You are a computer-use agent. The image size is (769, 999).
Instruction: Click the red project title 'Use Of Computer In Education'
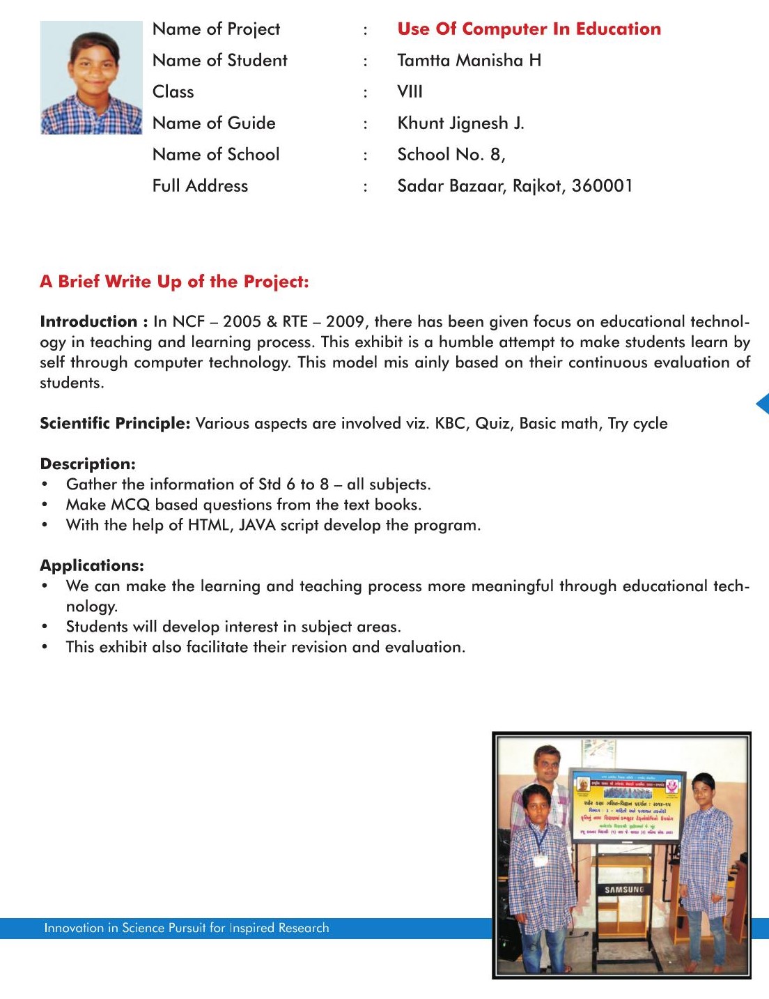point(529,29)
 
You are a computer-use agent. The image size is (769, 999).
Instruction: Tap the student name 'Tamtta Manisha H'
point(469,61)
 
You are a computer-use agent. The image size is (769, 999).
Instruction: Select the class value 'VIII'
point(410,92)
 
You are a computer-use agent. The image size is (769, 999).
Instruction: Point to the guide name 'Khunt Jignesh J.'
point(460,123)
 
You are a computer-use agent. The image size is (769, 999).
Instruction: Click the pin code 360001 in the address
point(602,186)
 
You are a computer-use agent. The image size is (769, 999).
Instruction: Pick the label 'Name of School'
point(216,155)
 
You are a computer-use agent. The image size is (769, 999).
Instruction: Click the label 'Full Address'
point(200,186)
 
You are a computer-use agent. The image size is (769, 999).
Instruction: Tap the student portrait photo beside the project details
point(91,77)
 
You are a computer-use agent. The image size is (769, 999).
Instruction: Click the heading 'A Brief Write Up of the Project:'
point(174,282)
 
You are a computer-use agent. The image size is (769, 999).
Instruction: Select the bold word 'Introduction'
point(88,322)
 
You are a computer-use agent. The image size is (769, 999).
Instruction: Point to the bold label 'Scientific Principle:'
point(115,424)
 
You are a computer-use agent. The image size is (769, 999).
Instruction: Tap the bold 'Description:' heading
point(88,464)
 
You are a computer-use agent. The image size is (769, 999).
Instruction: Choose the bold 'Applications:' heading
point(92,565)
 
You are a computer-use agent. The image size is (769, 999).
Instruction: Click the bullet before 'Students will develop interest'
point(45,627)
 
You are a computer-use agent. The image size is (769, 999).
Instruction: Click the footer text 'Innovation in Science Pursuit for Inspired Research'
point(186,928)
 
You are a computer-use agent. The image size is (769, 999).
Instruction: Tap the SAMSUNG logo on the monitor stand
point(624,890)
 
